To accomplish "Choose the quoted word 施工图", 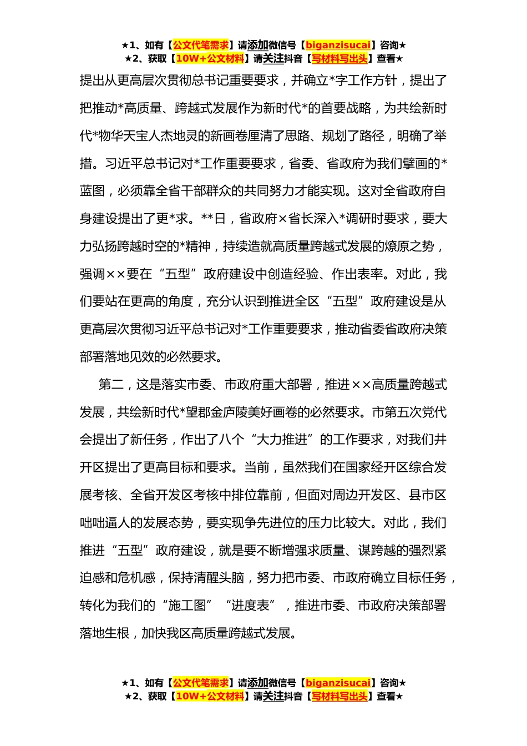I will pos(186,606).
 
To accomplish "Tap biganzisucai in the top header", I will pos(338,45).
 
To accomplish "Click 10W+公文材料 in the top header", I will pos(210,58).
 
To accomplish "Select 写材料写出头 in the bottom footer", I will pos(339,696).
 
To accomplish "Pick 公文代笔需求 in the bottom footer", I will pos(201,683).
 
